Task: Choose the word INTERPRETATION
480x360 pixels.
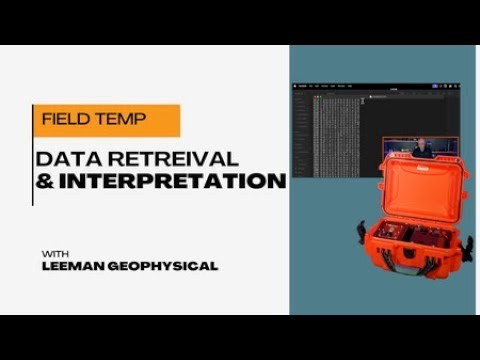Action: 171,181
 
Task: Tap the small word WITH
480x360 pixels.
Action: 55,250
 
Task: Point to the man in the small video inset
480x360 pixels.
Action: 421,147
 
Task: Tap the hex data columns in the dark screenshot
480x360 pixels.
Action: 338,125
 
